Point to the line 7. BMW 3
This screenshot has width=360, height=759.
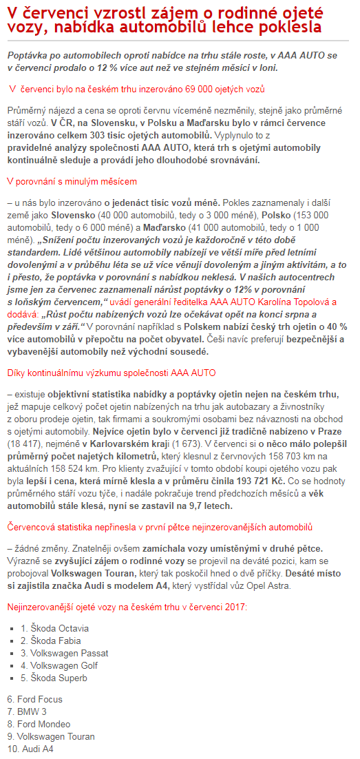[x=27, y=711]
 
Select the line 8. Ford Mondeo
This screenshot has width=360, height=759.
[x=39, y=724]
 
